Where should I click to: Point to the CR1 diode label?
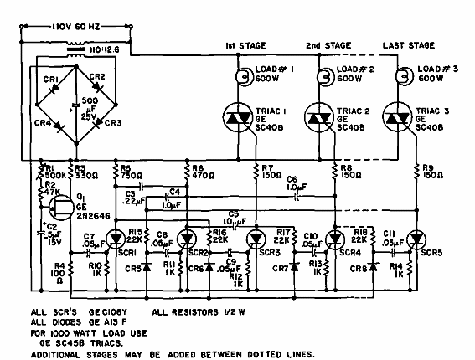50,79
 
